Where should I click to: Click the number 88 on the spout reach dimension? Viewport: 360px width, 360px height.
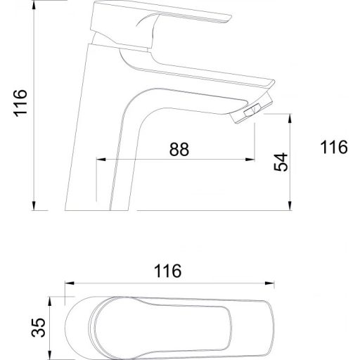[179, 149]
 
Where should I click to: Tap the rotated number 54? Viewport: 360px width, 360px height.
[281, 162]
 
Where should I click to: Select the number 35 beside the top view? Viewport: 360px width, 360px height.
[38, 328]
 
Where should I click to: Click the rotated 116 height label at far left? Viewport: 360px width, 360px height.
[20, 103]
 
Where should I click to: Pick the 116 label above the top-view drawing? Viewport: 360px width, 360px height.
[167, 271]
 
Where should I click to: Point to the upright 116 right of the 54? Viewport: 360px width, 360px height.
[334, 147]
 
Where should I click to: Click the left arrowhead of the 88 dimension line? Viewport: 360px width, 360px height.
[101, 160]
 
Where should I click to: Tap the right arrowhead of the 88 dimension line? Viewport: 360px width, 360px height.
[250, 160]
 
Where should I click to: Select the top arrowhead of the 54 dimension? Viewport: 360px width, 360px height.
[290, 119]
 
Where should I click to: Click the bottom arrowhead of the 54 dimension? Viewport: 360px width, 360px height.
[290, 205]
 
